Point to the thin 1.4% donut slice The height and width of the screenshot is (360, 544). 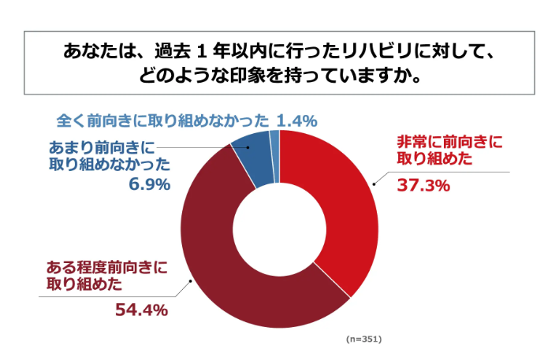(x=274, y=146)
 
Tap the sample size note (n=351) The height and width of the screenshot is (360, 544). (x=363, y=339)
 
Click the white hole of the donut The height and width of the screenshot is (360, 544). (x=279, y=228)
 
